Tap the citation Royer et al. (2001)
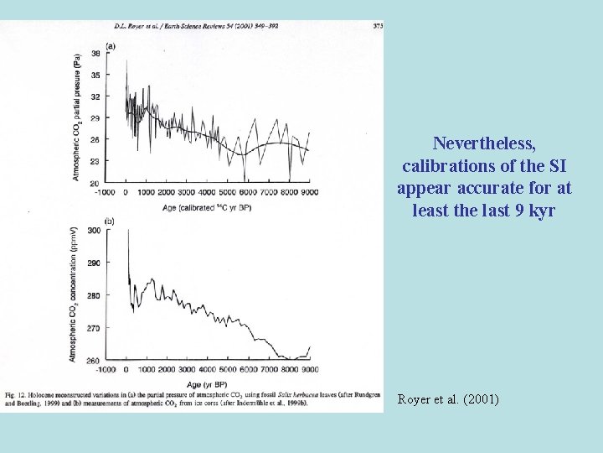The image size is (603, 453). pos(448,399)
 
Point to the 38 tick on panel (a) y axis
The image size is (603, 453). pos(95,53)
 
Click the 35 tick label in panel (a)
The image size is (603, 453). pos(95,75)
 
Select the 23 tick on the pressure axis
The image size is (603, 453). pos(95,161)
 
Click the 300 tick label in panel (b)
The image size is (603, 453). pos(93,230)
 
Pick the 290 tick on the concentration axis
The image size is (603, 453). pos(93,263)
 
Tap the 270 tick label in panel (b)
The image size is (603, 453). pos(93,328)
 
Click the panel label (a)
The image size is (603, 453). pos(111,44)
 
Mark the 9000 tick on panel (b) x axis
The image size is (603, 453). pos(309,369)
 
